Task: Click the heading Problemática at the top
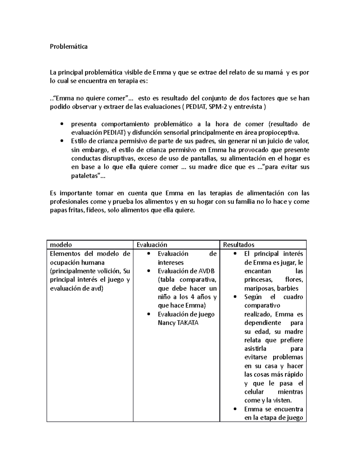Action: [69, 47]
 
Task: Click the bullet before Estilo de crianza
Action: [62, 141]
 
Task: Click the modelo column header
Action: [61, 245]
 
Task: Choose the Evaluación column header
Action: [152, 245]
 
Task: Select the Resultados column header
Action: [238, 245]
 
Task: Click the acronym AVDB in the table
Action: [207, 271]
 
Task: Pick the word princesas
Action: [258, 280]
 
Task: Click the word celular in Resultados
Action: [254, 392]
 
